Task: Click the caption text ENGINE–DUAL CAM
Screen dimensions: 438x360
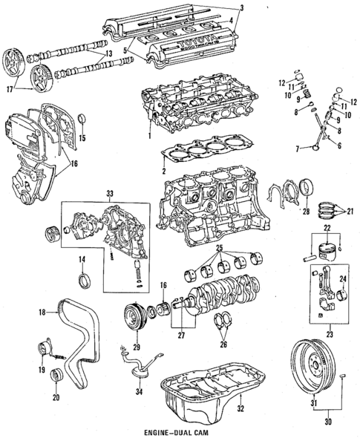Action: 179,431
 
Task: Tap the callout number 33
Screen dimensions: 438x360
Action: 111,195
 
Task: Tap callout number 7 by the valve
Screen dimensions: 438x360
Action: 298,149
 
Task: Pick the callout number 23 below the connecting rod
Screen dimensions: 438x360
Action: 320,324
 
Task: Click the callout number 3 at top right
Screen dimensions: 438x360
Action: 240,7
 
